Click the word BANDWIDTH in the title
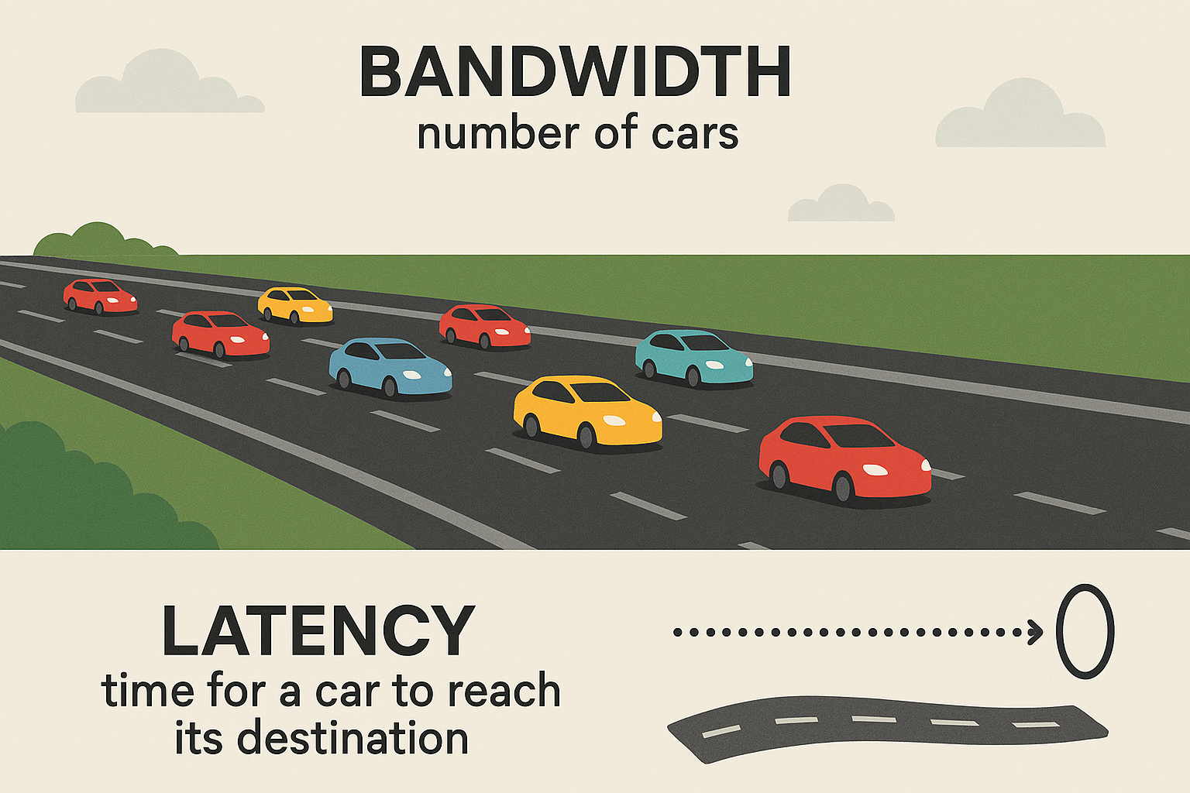tap(575, 72)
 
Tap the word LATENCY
tap(318, 631)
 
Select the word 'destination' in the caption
tap(353, 739)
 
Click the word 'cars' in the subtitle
tap(694, 133)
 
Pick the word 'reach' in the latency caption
tap(504, 690)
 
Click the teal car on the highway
tap(694, 358)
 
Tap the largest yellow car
tap(587, 412)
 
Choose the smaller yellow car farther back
tap(295, 305)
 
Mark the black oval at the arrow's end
tap(1085, 631)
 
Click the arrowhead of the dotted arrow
tap(1035, 632)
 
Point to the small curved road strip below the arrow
tap(887, 728)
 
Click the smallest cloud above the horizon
tap(841, 205)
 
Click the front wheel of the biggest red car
tap(843, 488)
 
